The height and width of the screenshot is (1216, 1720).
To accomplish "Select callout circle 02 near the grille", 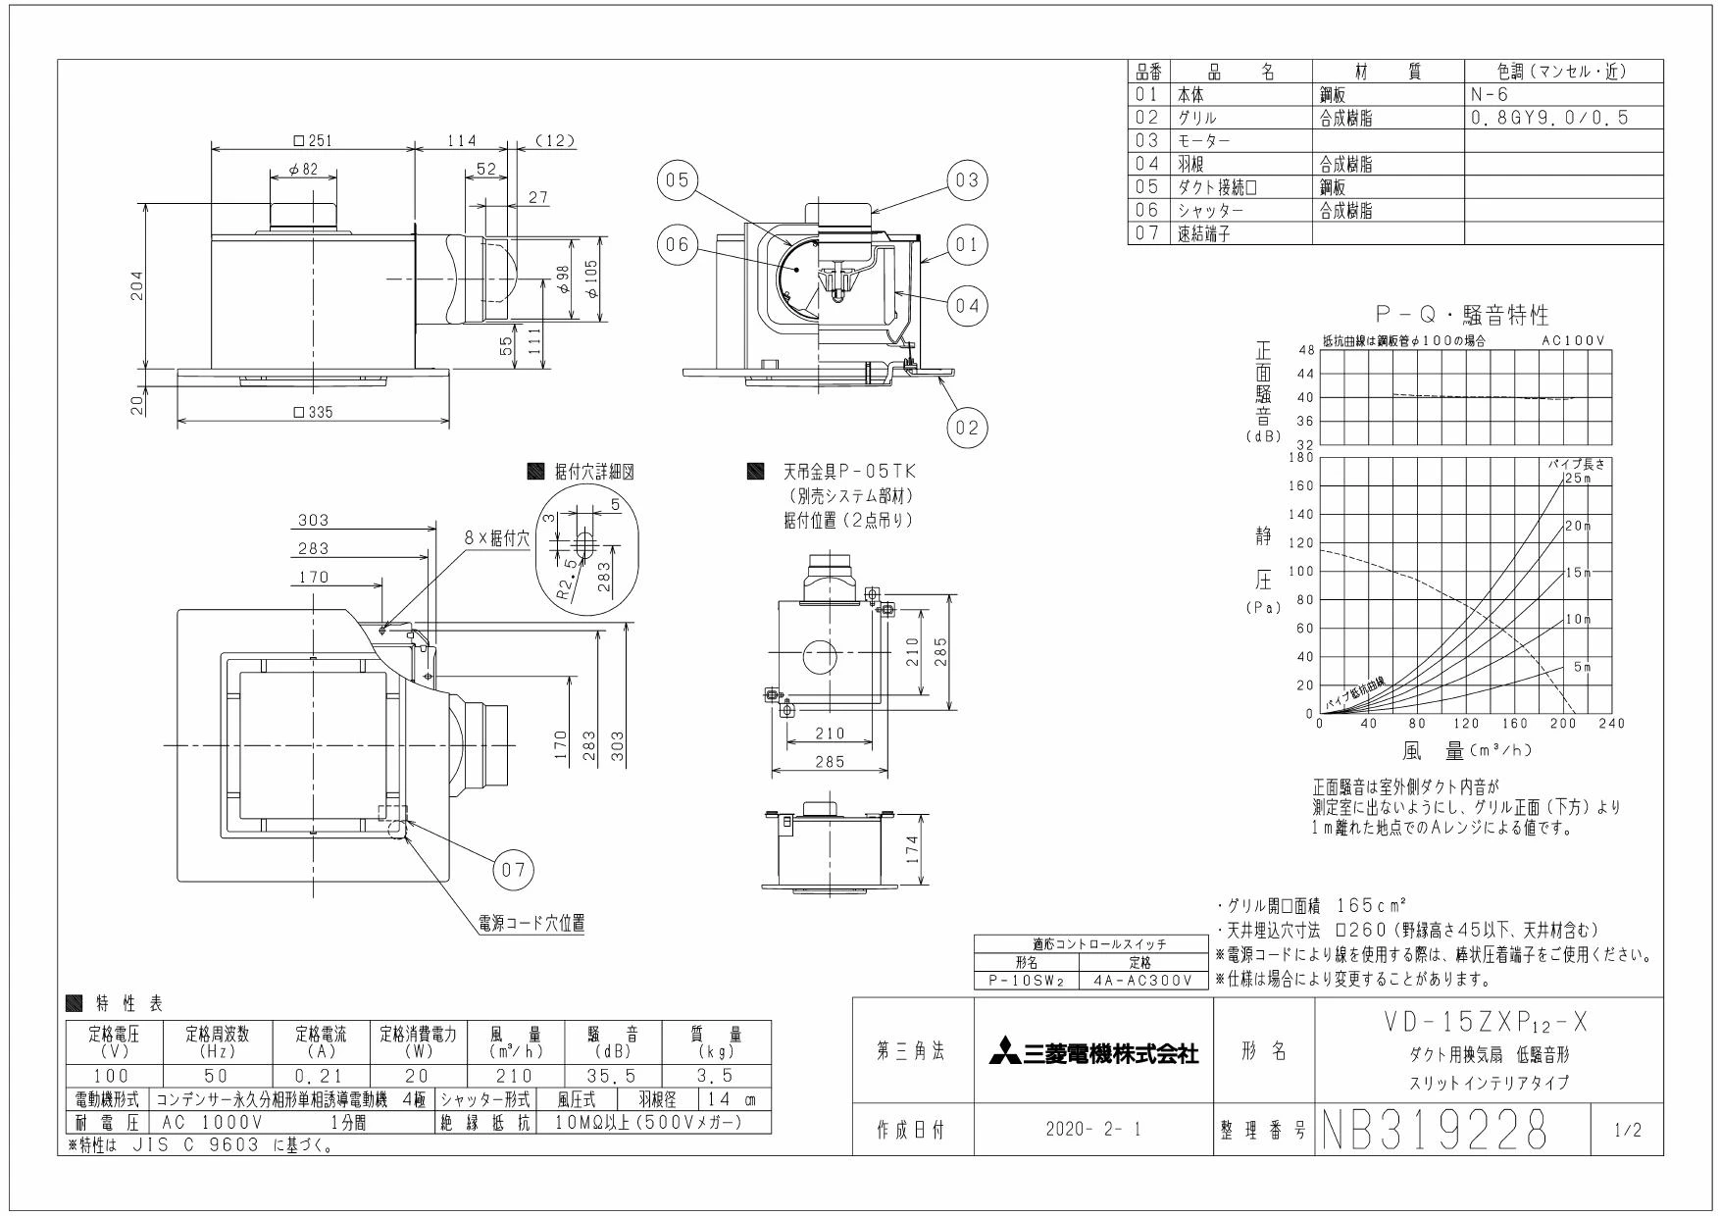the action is coord(967,428).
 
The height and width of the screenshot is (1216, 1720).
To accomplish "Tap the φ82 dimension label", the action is coord(304,170).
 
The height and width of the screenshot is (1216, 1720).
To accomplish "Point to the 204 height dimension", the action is coord(138,286).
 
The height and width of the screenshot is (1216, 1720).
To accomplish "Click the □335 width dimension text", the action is coord(313,412).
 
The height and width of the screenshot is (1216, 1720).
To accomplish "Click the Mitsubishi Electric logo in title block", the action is coord(1093,1055).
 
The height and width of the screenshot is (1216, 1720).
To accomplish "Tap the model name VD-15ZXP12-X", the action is coord(1487,1023).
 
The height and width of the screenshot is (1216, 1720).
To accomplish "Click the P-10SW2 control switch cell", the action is coord(1026,980).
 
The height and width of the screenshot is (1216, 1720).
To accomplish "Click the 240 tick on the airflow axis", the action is coord(1612,724).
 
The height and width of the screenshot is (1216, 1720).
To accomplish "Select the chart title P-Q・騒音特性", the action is coord(1462,315).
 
